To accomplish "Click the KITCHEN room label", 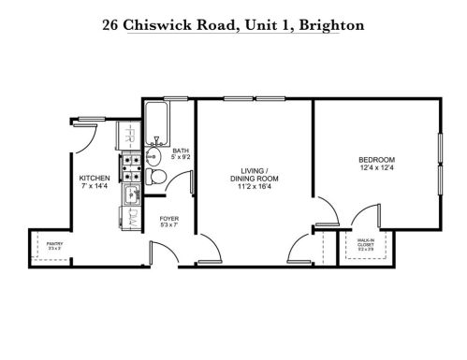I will point(95,178).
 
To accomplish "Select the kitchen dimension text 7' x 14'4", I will point(95,186).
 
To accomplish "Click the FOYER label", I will point(169,219).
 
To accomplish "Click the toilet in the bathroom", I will point(159,176).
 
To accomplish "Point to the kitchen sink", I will point(133,196).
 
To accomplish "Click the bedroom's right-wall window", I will point(439,165).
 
